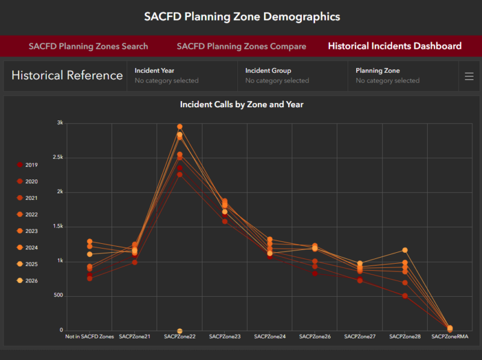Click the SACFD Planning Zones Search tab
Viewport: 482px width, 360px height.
88,46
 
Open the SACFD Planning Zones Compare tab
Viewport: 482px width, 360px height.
241,46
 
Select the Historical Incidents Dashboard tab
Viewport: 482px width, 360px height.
395,46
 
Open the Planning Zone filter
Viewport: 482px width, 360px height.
402,75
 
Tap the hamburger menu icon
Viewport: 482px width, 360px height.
469,76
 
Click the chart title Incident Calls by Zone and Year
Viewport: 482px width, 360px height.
242,105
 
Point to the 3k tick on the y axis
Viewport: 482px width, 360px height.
60,123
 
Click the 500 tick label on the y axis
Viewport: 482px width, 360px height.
57,296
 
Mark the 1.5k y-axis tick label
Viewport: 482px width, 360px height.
57,226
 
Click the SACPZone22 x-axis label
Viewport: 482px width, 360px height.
180,337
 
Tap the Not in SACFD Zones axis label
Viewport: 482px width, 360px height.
89,337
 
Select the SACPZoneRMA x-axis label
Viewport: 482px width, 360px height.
450,337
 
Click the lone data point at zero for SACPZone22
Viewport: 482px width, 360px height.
180,331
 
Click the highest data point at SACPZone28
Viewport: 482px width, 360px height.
405,250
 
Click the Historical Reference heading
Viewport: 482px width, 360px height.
67,75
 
